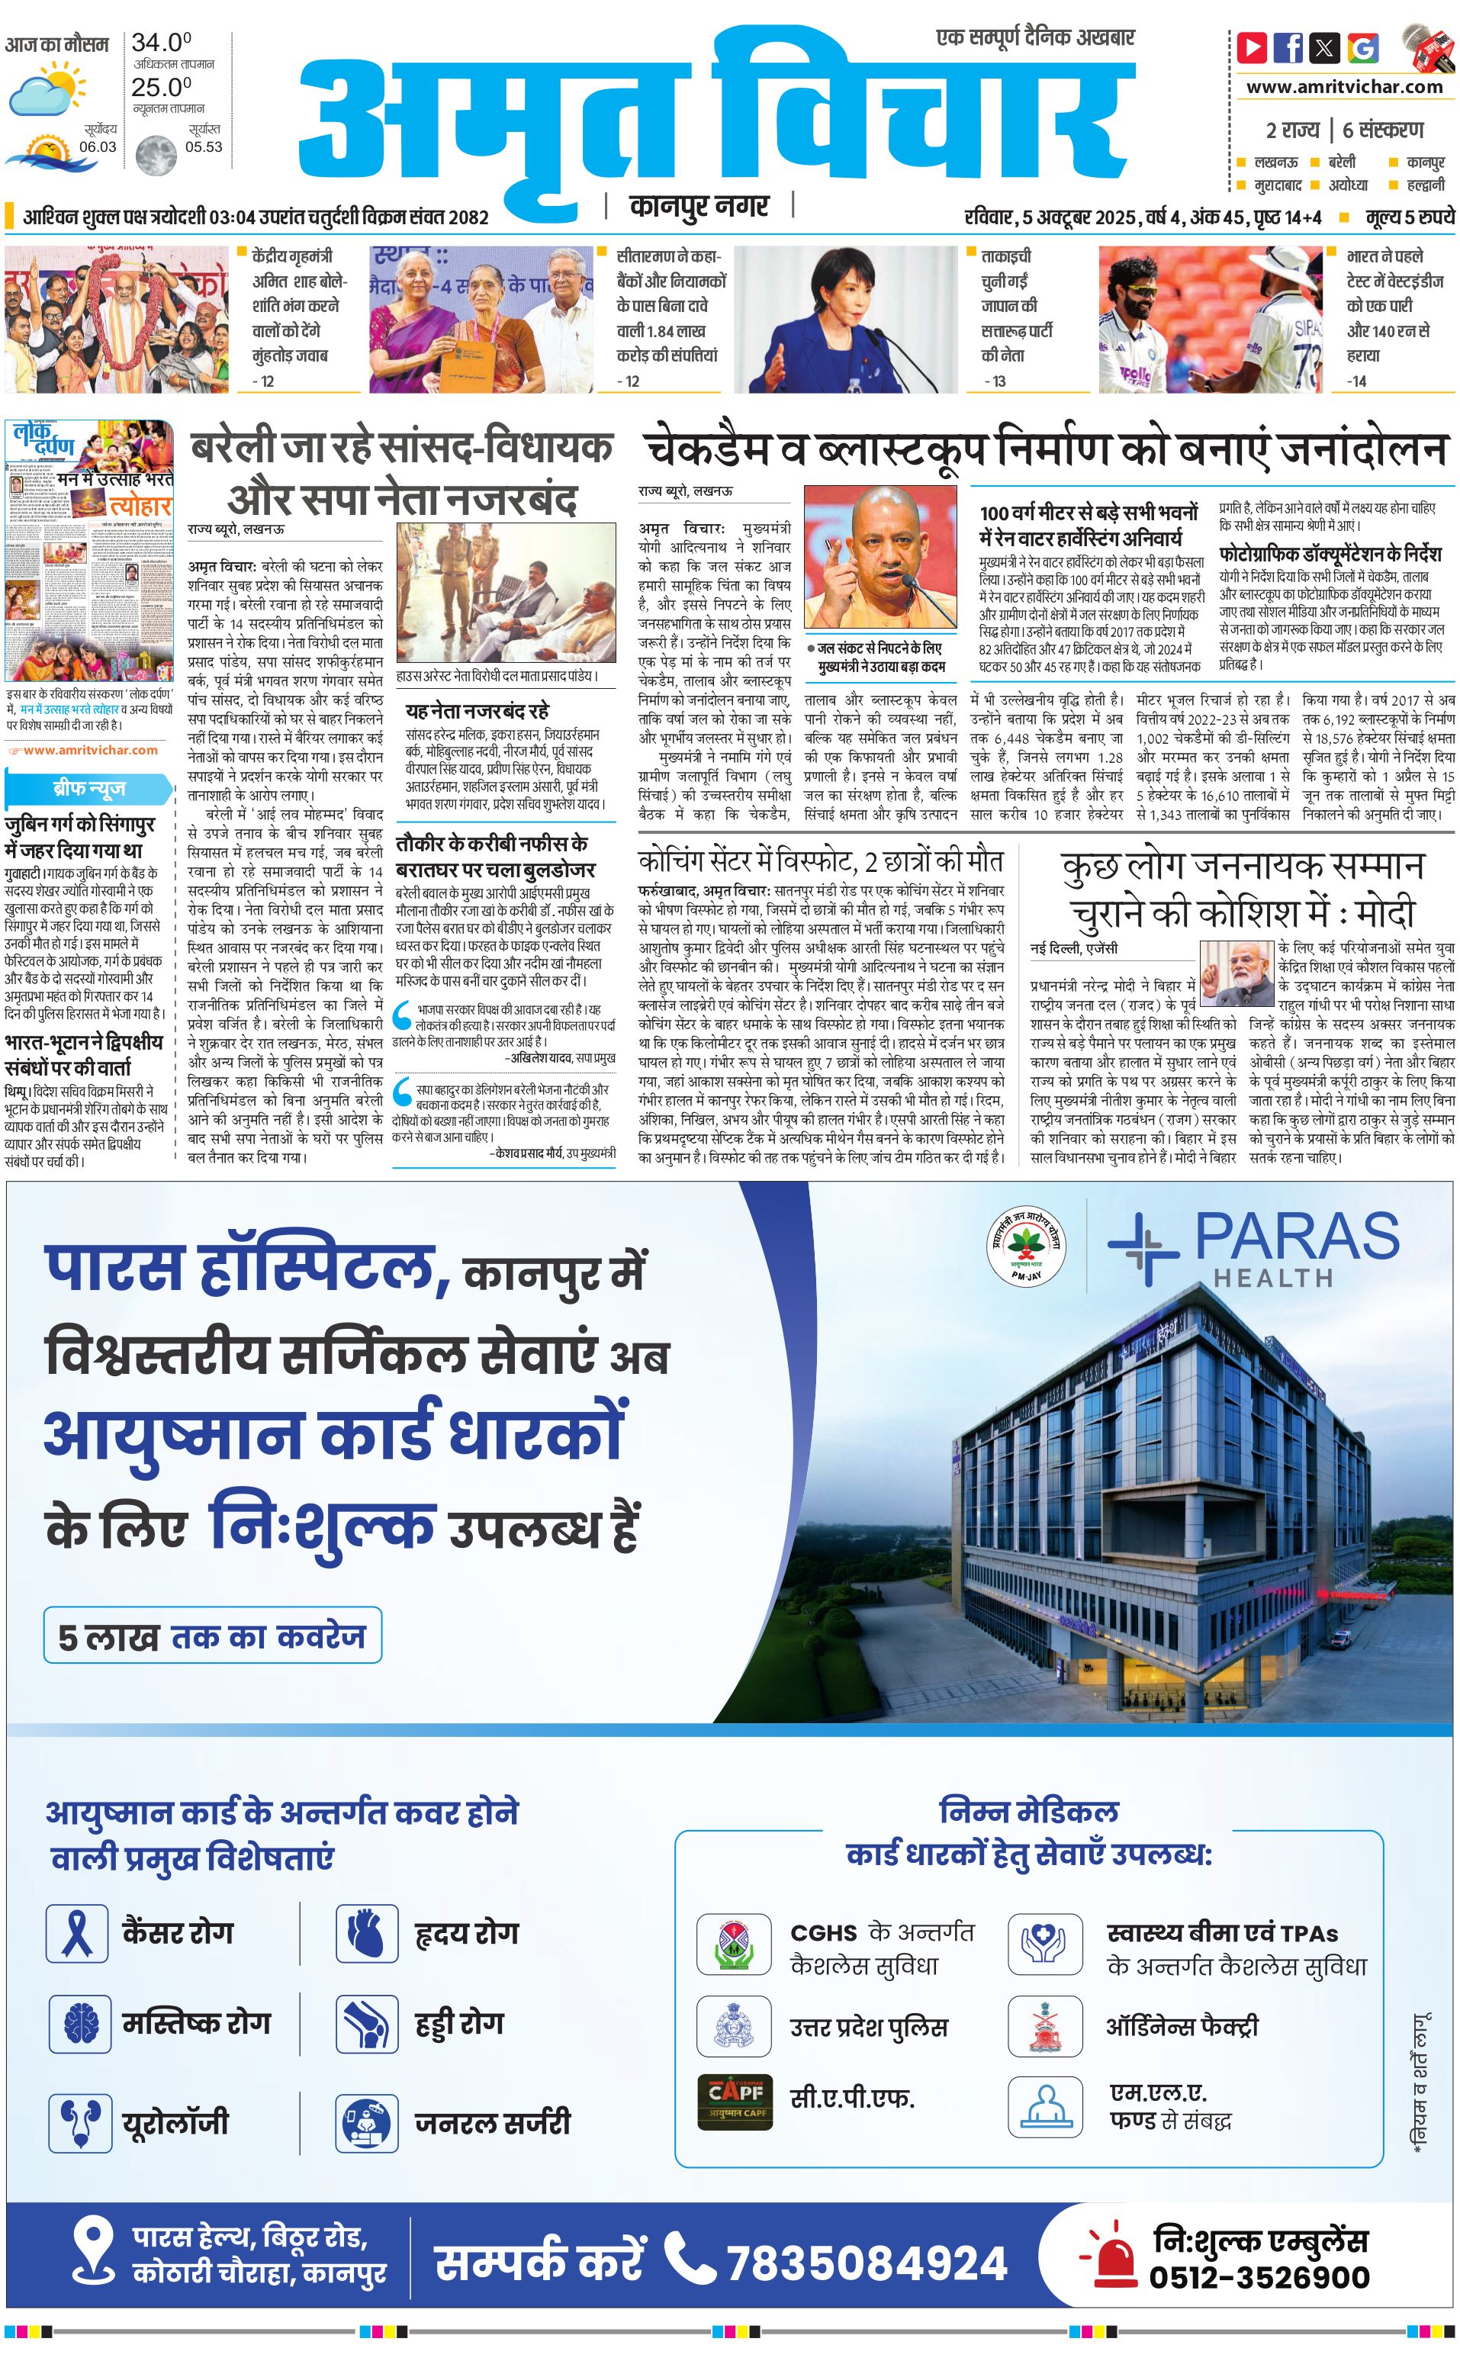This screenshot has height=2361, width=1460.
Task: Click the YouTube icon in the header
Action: click(1252, 47)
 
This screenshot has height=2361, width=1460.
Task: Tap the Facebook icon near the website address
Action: click(1288, 47)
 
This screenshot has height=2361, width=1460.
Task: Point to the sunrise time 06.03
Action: click(98, 146)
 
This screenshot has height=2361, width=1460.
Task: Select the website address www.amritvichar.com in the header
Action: click(1344, 87)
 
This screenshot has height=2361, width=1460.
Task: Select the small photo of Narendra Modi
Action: click(1236, 974)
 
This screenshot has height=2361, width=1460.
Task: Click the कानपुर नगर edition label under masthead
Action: click(699, 206)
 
